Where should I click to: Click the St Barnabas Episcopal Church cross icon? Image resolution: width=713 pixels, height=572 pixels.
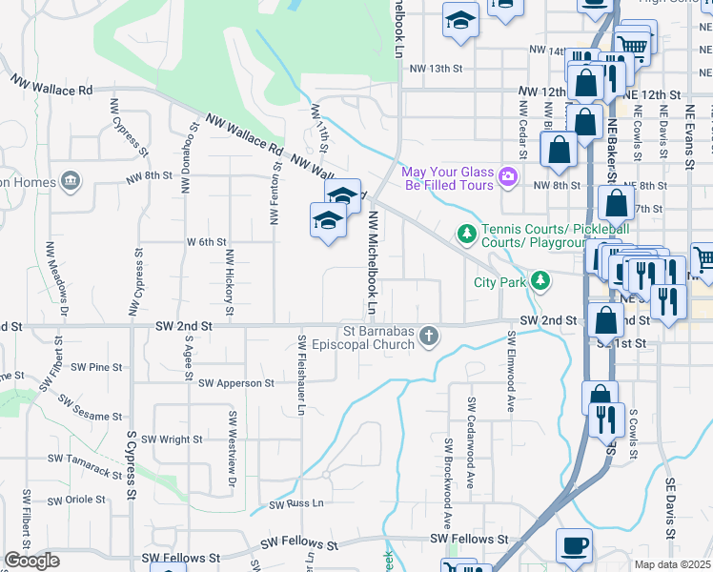point(429,336)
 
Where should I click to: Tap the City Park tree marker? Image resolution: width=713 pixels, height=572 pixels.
point(540,280)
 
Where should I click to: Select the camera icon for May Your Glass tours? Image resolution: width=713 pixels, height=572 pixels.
point(508,175)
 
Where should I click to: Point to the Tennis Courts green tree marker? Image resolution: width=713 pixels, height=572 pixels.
point(466,232)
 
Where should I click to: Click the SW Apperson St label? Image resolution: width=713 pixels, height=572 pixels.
point(235,382)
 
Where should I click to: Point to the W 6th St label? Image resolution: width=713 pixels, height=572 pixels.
point(206,242)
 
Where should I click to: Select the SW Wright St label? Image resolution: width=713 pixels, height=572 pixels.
point(172,439)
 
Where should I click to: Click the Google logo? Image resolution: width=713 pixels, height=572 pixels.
point(32,561)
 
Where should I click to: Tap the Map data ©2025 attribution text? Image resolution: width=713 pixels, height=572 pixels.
point(673,565)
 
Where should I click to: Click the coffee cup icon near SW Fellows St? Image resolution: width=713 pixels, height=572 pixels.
point(574,545)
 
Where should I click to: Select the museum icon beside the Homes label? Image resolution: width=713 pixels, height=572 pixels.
point(69,180)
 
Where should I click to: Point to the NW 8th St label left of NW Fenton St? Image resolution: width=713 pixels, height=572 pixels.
point(148,175)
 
